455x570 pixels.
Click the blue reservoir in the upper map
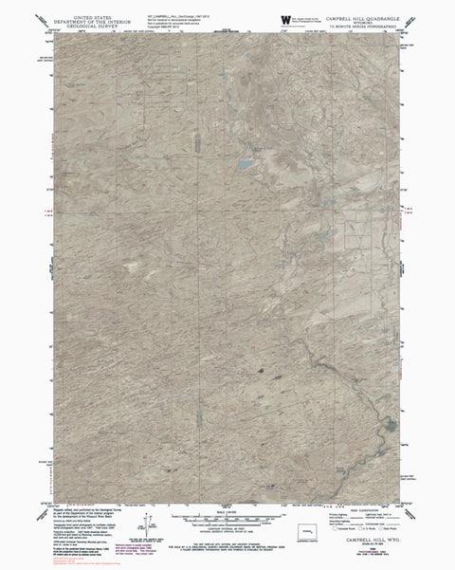click(246, 164)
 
